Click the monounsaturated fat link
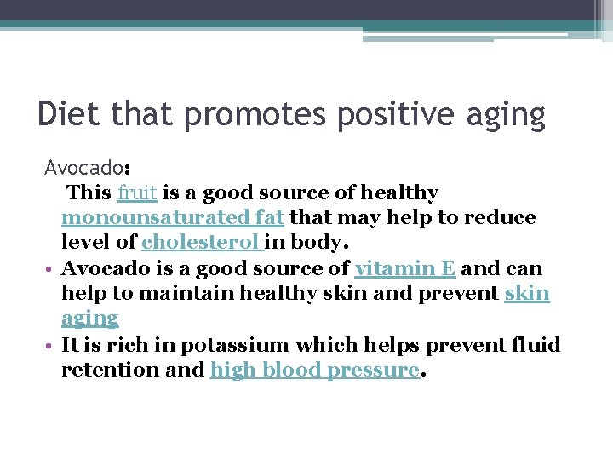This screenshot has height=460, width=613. click(174, 217)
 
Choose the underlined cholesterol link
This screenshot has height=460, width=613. click(203, 242)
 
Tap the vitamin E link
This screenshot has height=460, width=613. click(405, 268)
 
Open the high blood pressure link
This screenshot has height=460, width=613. click(314, 370)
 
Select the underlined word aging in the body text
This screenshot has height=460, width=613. click(89, 319)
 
